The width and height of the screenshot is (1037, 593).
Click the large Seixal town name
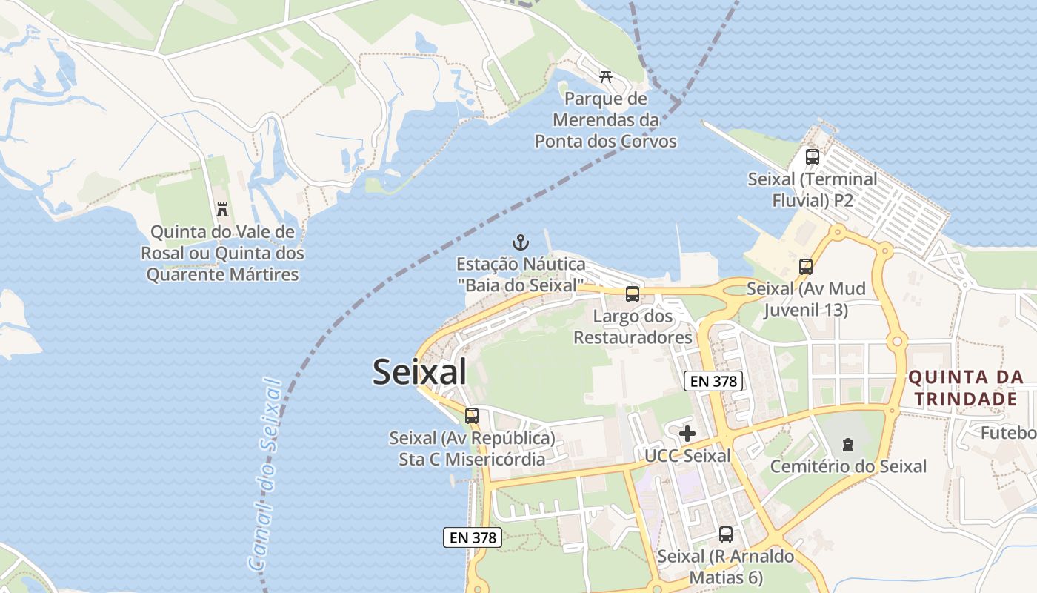coord(419,371)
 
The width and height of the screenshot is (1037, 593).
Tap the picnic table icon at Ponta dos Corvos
coord(606,76)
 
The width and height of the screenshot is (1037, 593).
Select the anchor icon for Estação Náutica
coord(521,242)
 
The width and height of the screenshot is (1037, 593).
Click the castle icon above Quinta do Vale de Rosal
coord(222,210)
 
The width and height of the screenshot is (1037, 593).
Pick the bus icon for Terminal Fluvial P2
coord(813,157)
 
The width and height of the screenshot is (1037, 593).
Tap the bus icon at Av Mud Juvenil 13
coord(805,267)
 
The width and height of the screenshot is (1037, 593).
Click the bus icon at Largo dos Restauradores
coord(633,294)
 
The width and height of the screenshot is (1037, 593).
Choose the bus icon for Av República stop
coord(472,416)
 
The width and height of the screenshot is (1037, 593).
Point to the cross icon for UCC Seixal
coord(687,434)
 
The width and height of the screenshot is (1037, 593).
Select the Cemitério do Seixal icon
coord(847,445)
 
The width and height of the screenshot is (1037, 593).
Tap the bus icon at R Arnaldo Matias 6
coord(726,534)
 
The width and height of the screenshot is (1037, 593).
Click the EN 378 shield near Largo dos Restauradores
coord(713,381)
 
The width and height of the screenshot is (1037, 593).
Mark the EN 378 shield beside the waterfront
coord(473,537)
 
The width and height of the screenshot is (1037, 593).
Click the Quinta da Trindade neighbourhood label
coord(966,388)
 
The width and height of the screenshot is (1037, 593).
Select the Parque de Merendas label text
coord(606,119)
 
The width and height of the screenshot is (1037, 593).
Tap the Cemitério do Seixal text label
coord(848,466)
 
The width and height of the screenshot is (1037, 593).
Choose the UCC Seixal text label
coord(687,455)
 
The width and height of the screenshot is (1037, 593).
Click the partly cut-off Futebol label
coord(1008,432)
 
